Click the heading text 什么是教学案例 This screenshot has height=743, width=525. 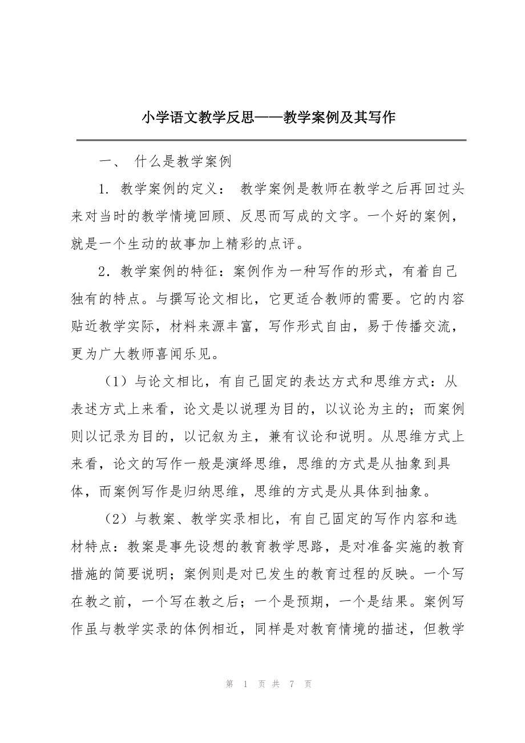coord(183,162)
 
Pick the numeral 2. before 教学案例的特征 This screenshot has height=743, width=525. coord(103,273)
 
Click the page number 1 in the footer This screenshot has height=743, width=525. coord(244,684)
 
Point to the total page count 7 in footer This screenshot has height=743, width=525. coord(291,684)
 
